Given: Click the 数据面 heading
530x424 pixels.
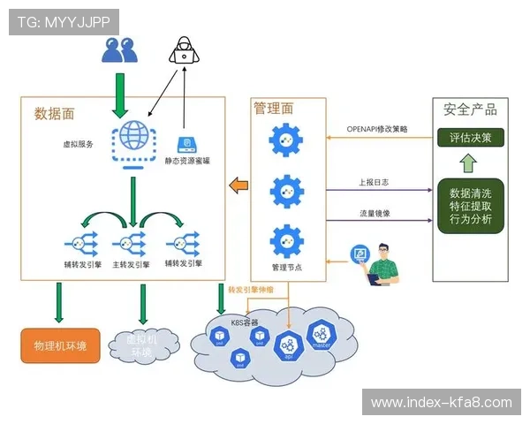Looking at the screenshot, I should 54,113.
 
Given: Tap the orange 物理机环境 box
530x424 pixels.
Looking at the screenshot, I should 60,345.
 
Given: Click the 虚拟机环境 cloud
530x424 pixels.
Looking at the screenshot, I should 142,345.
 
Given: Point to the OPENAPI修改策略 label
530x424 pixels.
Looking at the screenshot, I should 377,130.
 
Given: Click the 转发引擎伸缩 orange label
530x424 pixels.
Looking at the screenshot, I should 251,290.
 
